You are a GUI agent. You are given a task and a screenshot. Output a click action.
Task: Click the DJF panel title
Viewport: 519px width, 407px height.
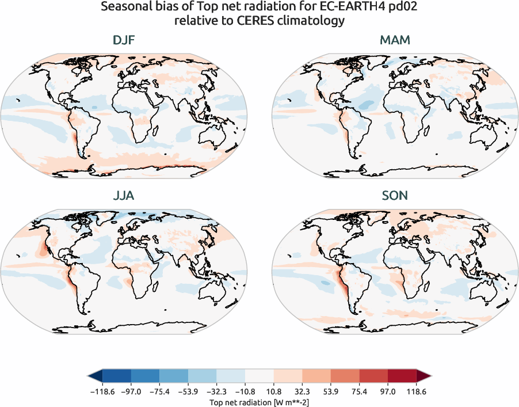(x=124, y=41)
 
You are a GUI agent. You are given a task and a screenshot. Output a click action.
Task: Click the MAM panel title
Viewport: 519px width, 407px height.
(x=395, y=41)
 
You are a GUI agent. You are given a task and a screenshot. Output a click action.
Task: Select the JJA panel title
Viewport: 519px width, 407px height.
(x=124, y=196)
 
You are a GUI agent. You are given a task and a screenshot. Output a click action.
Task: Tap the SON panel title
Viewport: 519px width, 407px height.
(x=395, y=196)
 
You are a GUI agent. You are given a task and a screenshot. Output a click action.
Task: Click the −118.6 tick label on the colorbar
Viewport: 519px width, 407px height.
(x=102, y=391)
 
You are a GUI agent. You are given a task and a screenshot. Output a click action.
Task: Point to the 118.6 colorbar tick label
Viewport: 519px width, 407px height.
(x=416, y=391)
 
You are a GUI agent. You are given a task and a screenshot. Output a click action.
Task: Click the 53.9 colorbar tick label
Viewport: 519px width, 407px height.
(x=330, y=391)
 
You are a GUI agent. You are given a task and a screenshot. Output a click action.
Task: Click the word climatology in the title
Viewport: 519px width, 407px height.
(x=318, y=21)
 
